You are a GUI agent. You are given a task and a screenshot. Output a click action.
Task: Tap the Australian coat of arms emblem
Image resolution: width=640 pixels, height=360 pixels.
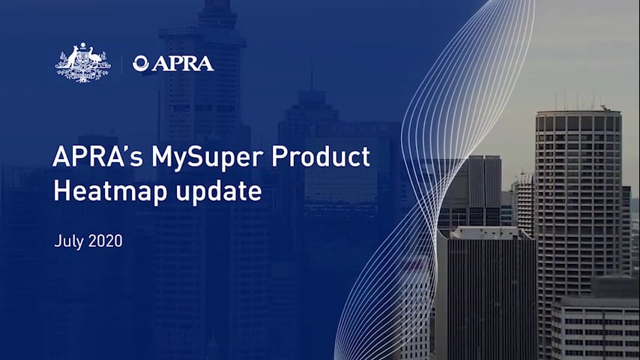tap(83, 63)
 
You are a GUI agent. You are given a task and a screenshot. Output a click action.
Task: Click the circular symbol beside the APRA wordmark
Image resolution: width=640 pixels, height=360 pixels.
tap(140, 64)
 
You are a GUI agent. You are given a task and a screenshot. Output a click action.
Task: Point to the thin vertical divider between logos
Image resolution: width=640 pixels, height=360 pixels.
tap(121, 64)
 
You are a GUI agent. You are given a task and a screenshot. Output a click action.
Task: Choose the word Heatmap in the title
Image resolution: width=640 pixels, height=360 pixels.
tap(103, 191)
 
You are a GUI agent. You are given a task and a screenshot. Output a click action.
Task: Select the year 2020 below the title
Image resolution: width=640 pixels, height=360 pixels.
tap(105, 242)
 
